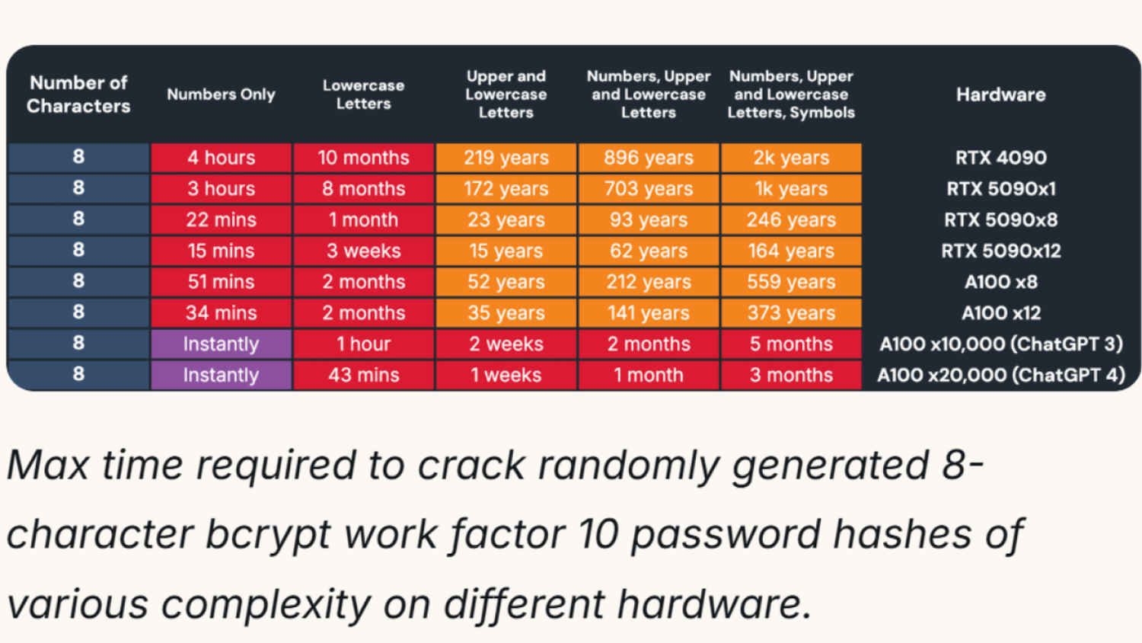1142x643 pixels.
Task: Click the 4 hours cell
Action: [221, 158]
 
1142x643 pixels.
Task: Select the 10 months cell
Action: [363, 158]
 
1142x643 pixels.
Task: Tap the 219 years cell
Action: [506, 158]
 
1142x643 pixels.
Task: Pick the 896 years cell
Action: [649, 158]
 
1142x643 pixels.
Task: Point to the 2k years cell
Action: [791, 158]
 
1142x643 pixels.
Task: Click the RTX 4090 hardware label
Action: [1000, 158]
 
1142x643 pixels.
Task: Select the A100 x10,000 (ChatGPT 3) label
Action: [1000, 344]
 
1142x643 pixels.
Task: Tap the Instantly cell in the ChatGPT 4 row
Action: [221, 375]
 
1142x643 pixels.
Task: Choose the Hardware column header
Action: [1000, 94]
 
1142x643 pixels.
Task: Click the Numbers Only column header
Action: [221, 94]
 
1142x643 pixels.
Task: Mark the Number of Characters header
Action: [78, 94]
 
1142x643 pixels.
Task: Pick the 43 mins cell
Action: [363, 375]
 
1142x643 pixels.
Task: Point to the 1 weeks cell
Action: [506, 375]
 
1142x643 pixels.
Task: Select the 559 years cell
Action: [791, 282]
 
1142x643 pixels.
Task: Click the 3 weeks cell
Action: [363, 251]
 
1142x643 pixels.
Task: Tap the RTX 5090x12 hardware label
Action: [1000, 251]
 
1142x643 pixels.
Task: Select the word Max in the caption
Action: [49, 465]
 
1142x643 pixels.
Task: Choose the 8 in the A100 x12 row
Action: [78, 312]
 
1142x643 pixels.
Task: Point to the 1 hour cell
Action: [363, 344]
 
